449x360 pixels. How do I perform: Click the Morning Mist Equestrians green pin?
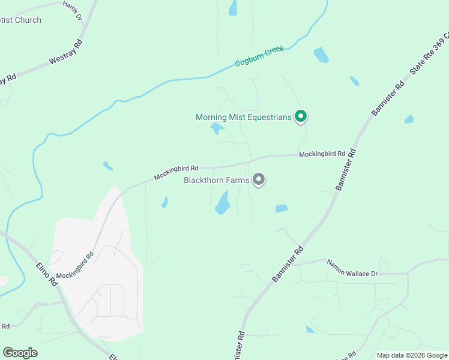(x=301, y=116)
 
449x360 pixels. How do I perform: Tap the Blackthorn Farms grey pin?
(x=259, y=179)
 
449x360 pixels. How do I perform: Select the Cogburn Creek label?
(x=259, y=55)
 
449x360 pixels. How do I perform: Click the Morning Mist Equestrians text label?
(x=243, y=117)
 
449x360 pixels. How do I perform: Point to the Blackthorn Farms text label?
(x=217, y=179)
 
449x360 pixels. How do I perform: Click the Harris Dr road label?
(x=72, y=10)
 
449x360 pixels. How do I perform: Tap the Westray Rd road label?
(x=65, y=52)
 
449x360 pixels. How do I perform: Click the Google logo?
(x=20, y=353)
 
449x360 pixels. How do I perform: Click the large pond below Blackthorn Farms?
(x=223, y=203)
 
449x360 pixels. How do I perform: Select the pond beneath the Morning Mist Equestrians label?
(x=217, y=128)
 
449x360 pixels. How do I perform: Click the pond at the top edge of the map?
(x=233, y=7)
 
